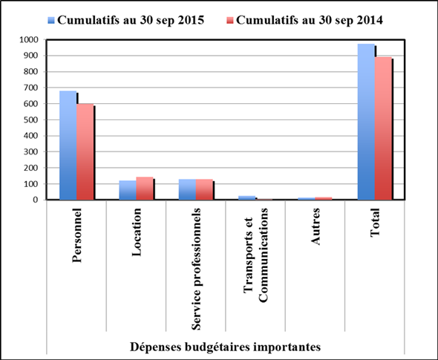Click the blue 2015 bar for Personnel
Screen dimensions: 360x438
click(68, 145)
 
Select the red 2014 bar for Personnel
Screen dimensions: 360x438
click(85, 152)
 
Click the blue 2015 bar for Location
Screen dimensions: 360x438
click(128, 190)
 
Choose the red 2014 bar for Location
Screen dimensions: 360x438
click(145, 189)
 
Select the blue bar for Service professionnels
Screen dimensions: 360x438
click(187, 189)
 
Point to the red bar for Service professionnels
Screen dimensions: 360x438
click(204, 189)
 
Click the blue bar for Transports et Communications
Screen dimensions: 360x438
click(246, 197)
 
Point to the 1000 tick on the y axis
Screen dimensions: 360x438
click(28, 40)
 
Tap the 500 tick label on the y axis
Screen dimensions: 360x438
click(30, 120)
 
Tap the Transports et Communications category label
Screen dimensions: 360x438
click(255, 264)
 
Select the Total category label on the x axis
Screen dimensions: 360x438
click(374, 226)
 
